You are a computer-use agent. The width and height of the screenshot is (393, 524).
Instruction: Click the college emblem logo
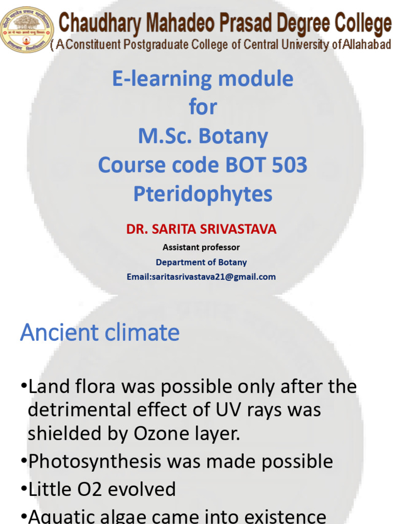point(27,29)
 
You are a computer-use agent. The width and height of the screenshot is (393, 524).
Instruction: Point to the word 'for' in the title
point(203,107)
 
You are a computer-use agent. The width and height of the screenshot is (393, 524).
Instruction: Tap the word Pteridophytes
point(203,194)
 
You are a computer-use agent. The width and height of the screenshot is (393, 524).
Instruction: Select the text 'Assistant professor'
point(201,248)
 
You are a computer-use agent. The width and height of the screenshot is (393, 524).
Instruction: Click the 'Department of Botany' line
point(201,263)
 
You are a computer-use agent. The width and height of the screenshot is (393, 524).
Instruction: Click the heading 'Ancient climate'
point(100,333)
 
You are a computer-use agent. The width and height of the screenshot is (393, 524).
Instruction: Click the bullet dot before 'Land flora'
point(24,386)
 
